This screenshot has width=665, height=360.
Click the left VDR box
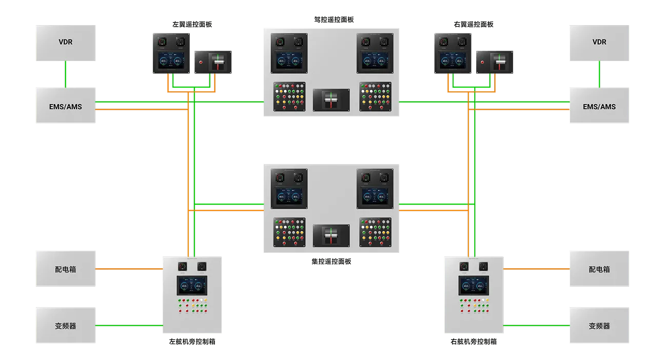(66, 42)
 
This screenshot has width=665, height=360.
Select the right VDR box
(599, 42)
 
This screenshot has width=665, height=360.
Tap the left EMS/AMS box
(66, 107)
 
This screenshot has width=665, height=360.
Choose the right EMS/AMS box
(599, 107)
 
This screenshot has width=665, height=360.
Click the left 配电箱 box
(66, 269)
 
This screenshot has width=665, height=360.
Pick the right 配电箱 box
(599, 269)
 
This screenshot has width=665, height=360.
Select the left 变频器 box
(66, 326)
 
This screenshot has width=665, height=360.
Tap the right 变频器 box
(599, 326)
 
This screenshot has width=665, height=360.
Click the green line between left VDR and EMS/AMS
(66, 74)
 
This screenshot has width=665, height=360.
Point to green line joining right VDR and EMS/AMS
(599, 74)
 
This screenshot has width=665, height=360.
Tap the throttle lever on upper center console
(331, 99)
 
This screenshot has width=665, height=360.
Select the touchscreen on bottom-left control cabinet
(192, 286)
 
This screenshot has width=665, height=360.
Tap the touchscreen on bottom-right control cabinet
(474, 286)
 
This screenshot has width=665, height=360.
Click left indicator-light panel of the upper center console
(289, 96)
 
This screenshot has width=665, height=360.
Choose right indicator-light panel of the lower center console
(375, 232)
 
